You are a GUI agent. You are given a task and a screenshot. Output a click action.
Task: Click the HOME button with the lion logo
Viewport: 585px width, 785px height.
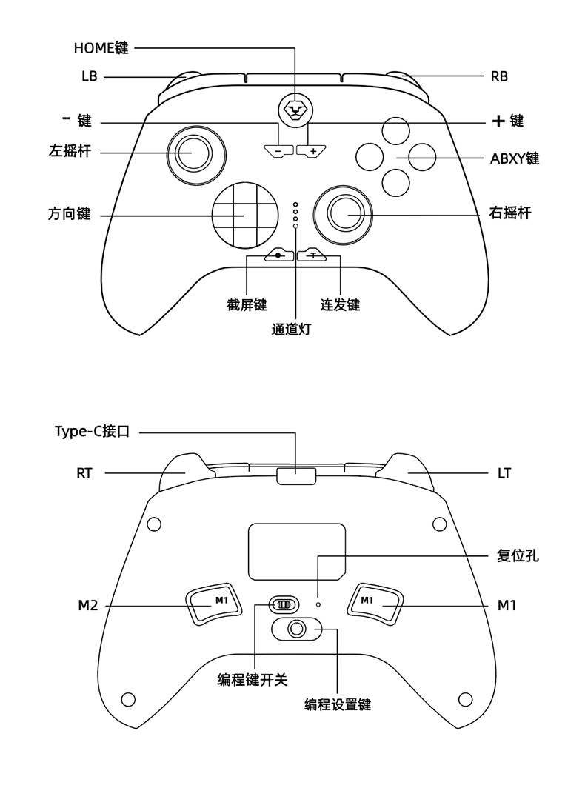pos(295,110)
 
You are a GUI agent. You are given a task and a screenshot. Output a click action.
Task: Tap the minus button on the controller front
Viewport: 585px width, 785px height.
pos(278,151)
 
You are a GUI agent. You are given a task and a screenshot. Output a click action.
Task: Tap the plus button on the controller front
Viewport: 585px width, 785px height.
pos(312,151)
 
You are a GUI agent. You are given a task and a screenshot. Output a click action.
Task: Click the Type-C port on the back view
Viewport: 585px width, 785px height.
pos(295,475)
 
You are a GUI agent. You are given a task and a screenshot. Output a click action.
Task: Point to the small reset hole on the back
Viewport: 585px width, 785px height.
pos(318,603)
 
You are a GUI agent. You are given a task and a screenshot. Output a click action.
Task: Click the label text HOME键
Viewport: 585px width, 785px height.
pos(101,49)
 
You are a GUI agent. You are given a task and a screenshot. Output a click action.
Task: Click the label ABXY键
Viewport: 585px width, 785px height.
pos(515,158)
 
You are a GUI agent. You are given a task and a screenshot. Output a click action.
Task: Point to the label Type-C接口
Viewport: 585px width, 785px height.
pos(92,431)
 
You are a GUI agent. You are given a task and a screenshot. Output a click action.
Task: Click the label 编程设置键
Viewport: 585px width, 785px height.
pos(338,704)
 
